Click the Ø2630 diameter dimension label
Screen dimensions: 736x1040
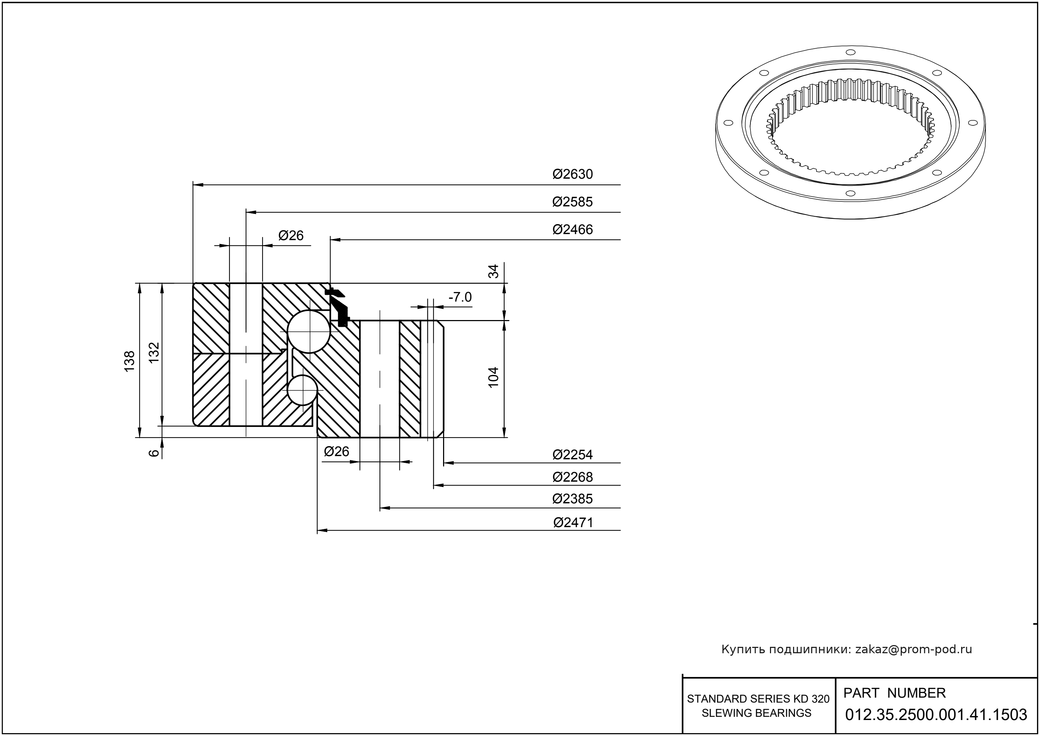pos(572,174)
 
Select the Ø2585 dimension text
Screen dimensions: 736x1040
pos(572,202)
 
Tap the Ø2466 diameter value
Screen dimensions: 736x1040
pos(572,229)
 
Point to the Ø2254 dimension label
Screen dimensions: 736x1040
pos(572,455)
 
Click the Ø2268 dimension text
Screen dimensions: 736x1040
pos(572,477)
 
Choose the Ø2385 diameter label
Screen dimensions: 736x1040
pos(572,499)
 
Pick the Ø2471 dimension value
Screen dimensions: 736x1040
pos(573,523)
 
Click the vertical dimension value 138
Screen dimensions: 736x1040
pos(130,361)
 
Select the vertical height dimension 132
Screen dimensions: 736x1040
pos(155,352)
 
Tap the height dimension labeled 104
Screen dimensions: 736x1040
pos(493,377)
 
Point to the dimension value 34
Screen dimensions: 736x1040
pos(493,271)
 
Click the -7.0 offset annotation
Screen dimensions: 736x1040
pos(460,297)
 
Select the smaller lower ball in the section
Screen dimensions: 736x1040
pos(301,390)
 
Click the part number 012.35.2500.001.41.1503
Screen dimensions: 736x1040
pos(936,715)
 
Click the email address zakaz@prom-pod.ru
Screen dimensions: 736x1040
pos(913,649)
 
